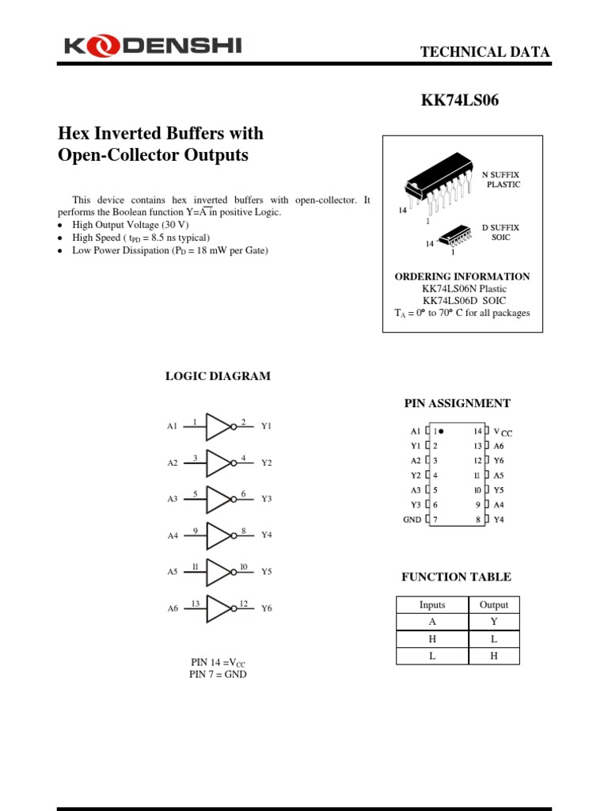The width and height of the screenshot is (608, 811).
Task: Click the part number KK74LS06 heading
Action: point(459,101)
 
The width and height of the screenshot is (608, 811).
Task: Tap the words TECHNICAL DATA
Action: point(484,52)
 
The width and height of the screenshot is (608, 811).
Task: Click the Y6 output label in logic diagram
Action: point(267,608)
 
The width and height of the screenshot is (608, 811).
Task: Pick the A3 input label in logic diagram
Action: point(173,499)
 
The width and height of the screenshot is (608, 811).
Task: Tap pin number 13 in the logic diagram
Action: point(196,603)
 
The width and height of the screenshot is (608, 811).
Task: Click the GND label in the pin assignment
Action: point(412,520)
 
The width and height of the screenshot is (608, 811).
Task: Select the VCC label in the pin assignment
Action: point(503,432)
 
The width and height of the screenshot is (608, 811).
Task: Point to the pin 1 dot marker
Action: point(441,432)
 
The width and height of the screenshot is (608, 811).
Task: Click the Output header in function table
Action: point(494,604)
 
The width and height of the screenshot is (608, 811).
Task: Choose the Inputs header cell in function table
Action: point(432,604)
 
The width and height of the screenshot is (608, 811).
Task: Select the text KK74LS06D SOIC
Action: point(464,301)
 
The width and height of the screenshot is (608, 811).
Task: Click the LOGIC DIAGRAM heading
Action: point(218,376)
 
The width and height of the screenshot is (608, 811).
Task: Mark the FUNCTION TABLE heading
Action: point(456,577)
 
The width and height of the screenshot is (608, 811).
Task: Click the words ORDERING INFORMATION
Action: point(462,276)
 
